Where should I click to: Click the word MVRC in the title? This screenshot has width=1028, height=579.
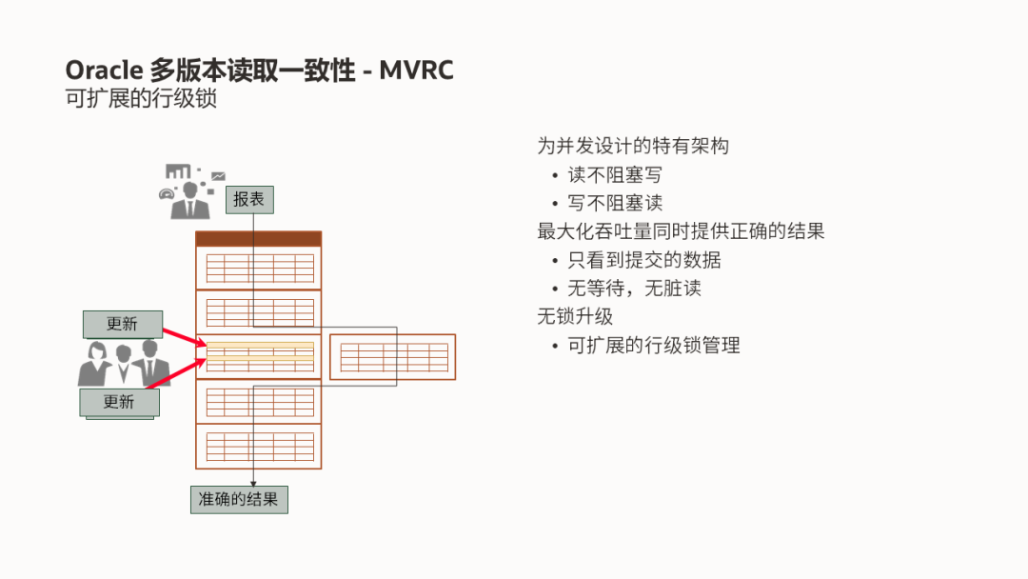click(416, 70)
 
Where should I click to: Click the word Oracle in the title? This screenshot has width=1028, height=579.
click(104, 70)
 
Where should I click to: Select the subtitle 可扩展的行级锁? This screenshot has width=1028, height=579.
click(141, 98)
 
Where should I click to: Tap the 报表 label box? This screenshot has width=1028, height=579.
click(249, 199)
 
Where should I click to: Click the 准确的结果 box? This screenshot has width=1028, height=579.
click(239, 499)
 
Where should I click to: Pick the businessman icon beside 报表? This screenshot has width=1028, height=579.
click(190, 195)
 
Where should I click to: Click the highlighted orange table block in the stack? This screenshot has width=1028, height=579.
click(259, 356)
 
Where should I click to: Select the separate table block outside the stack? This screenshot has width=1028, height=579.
click(393, 357)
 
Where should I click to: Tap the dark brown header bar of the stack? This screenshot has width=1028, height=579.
click(259, 239)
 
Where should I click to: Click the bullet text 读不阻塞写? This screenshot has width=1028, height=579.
click(615, 175)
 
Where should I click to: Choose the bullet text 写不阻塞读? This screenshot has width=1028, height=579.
click(615, 203)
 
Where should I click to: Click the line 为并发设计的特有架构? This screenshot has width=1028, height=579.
click(633, 147)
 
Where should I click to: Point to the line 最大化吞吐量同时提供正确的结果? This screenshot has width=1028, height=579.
click(681, 231)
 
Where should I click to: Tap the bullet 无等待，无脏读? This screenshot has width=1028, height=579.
click(634, 288)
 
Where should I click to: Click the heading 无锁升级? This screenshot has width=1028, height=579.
click(575, 316)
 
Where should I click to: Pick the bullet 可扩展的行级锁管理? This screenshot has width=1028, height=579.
click(654, 345)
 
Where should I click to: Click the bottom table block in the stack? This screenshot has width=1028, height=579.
click(259, 446)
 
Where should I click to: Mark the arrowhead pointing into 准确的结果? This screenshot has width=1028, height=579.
click(254, 484)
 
